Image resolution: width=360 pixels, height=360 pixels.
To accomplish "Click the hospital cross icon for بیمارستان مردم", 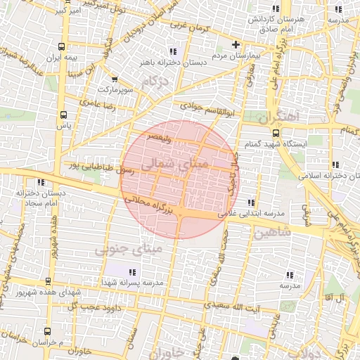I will point(236,45).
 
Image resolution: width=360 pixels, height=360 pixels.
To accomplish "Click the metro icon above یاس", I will point(64,115).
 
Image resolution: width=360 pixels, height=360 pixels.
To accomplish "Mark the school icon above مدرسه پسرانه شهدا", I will point(132,272).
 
